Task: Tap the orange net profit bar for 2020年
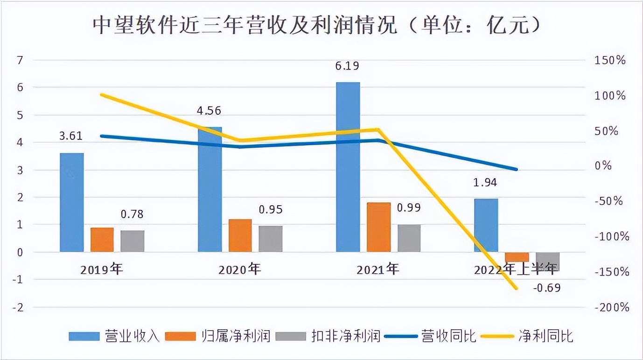tap(240, 235)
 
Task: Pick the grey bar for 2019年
tap(133, 241)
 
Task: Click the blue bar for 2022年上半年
tap(486, 225)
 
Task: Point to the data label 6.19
tap(347, 66)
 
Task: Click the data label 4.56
tap(209, 111)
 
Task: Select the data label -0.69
tap(546, 288)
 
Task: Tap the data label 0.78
tap(132, 214)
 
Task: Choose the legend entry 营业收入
tap(114, 336)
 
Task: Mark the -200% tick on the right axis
tap(609, 307)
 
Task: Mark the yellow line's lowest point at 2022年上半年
tap(517, 288)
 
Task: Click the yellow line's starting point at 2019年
tap(102, 95)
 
